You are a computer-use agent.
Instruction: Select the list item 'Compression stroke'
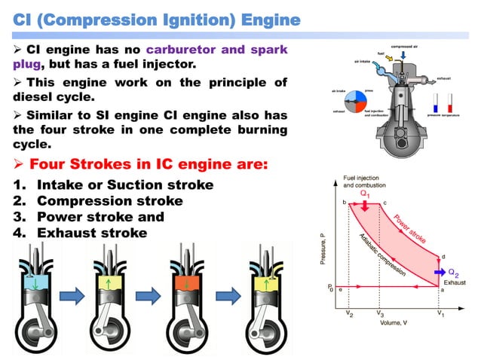(x=110, y=201)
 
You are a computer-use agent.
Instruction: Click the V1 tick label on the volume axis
(x=441, y=314)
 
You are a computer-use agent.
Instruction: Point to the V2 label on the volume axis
(x=349, y=314)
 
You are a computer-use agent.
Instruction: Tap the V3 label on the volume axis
(x=380, y=314)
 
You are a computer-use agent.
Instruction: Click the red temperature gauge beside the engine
(x=449, y=104)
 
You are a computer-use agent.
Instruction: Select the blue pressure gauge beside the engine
(x=437, y=104)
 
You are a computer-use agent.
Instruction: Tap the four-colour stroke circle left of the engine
(x=351, y=102)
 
